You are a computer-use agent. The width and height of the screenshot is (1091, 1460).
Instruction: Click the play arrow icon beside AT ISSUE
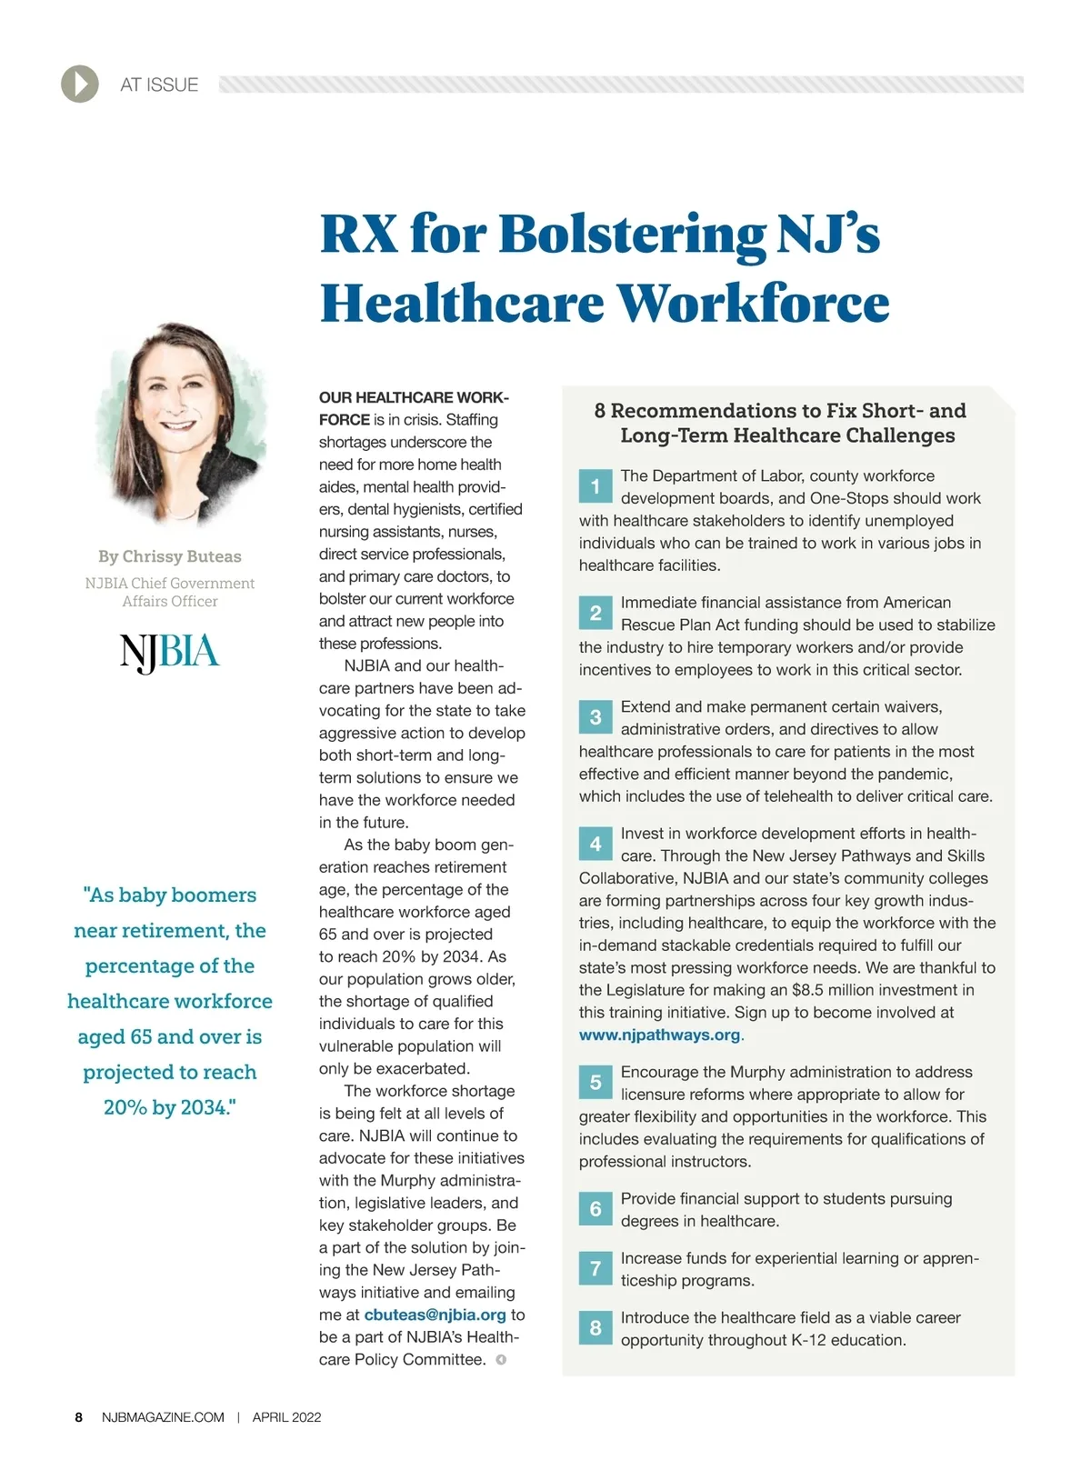coord(80,85)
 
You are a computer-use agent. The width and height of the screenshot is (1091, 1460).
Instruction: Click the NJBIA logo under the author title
coord(170,652)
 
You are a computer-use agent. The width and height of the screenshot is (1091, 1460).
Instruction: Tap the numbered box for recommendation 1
coord(596,486)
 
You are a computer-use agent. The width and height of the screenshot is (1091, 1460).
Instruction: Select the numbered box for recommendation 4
coord(596,844)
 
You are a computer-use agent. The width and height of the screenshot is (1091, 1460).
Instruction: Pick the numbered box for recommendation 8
coord(596,1328)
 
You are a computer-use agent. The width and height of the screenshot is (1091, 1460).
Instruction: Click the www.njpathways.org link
coord(660,1035)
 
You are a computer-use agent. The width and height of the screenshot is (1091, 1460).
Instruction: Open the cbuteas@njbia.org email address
coord(435,1315)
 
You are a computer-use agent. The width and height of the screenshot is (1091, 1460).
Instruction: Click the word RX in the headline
coord(358,234)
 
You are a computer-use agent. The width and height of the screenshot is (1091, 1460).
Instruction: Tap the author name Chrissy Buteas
coord(182,556)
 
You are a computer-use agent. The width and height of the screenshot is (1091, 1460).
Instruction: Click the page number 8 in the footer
coord(79,1417)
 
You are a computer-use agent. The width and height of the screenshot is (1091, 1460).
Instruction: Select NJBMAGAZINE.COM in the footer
coord(163,1417)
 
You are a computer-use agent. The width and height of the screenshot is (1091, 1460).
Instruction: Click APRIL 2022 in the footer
coord(286,1417)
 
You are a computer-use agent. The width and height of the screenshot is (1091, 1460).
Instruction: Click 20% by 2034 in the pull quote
coord(170,1107)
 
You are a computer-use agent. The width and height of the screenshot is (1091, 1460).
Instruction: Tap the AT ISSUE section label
coord(159,85)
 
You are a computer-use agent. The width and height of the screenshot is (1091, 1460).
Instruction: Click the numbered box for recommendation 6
coord(596,1209)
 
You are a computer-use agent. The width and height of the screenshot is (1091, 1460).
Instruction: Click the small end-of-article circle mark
coord(501,1360)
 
